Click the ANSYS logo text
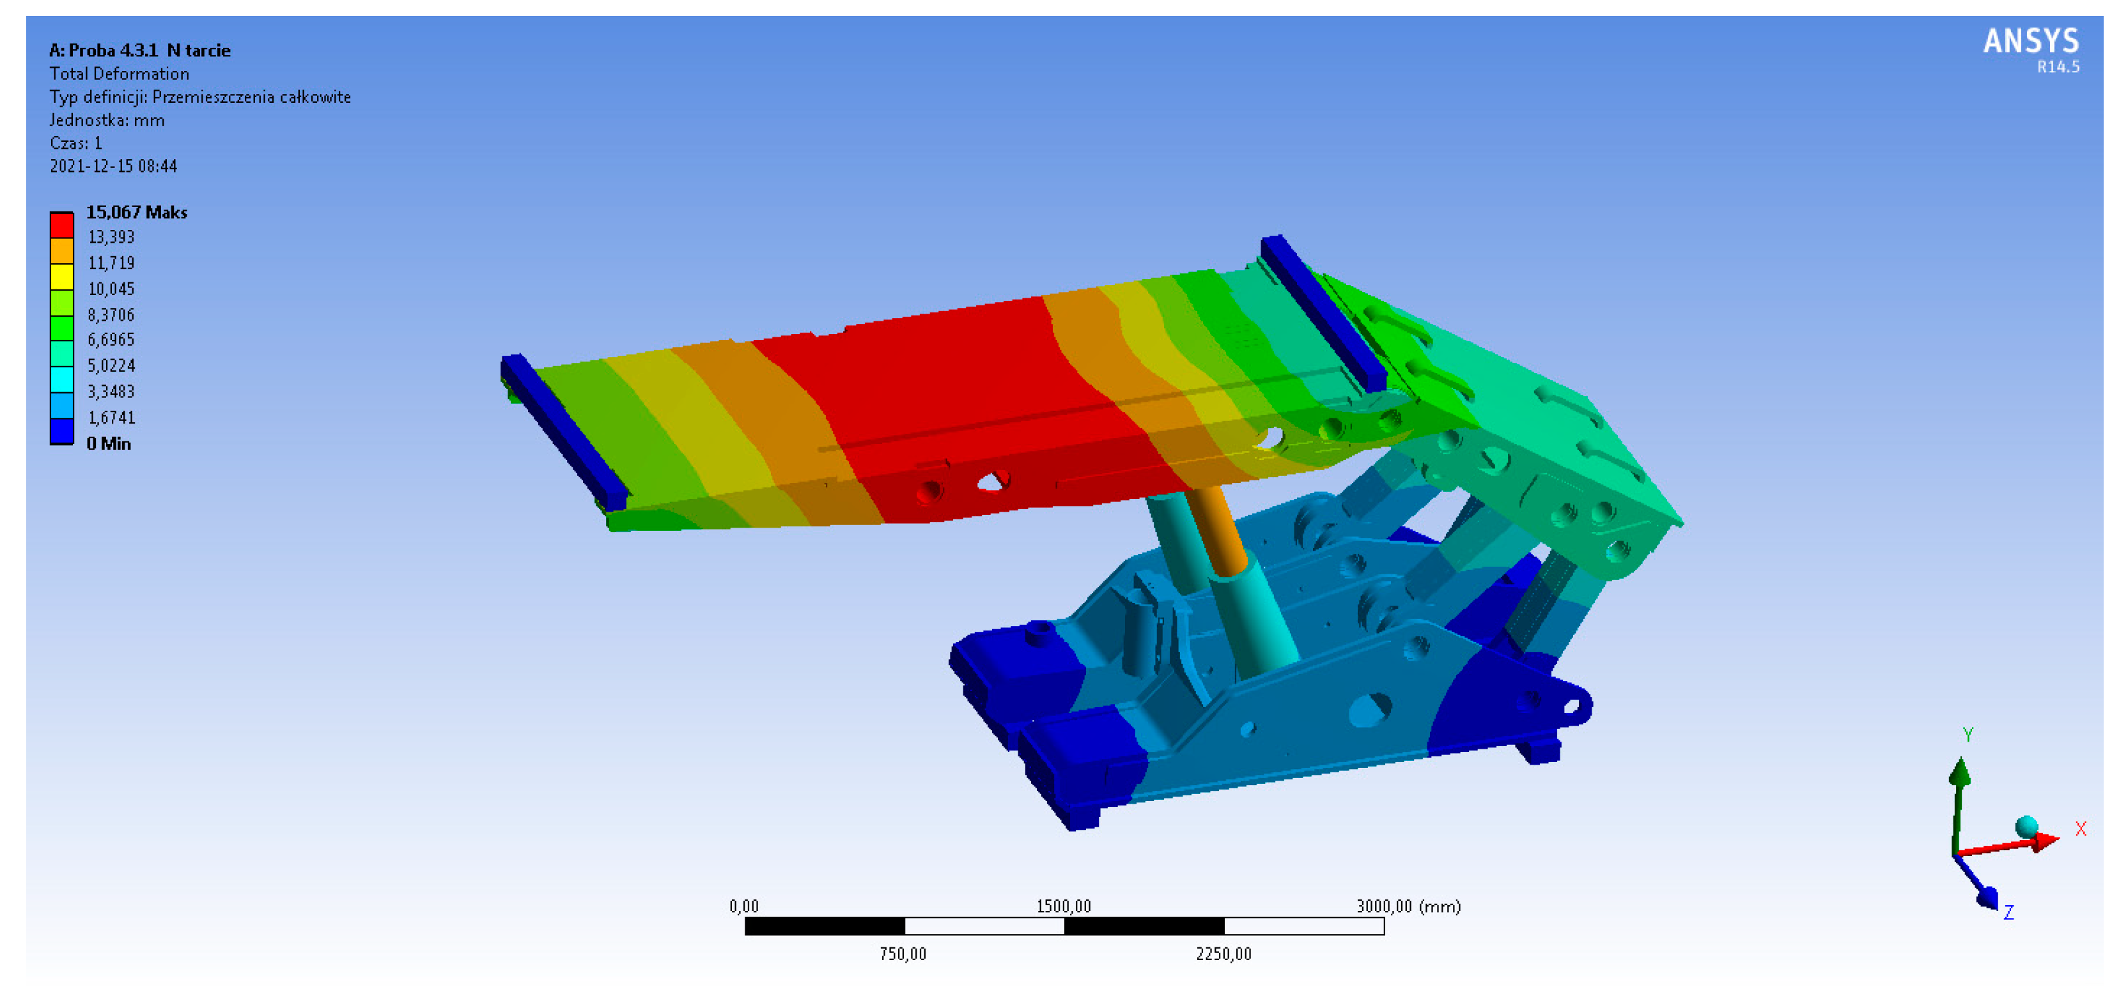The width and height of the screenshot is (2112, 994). tap(2030, 41)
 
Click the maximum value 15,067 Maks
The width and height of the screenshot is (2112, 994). tap(137, 212)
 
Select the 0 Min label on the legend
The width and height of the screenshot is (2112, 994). tap(109, 443)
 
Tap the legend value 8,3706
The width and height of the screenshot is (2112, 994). tap(111, 315)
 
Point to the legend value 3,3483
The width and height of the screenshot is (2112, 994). tap(111, 392)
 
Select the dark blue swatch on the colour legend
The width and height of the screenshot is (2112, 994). tap(62, 431)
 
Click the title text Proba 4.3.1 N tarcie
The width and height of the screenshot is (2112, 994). tap(149, 50)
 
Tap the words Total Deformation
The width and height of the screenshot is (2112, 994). tap(119, 73)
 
